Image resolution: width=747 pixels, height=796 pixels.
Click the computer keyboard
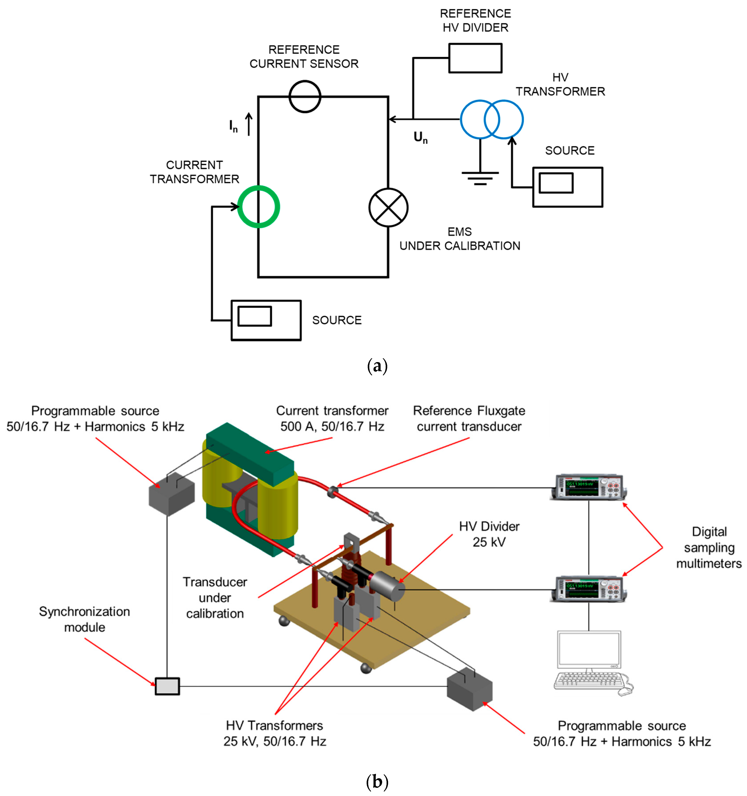588,681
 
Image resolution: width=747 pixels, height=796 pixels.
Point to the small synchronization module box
167,686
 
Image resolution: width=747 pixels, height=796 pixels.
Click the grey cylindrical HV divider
386,587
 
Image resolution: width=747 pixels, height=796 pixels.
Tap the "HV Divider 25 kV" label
489,534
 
